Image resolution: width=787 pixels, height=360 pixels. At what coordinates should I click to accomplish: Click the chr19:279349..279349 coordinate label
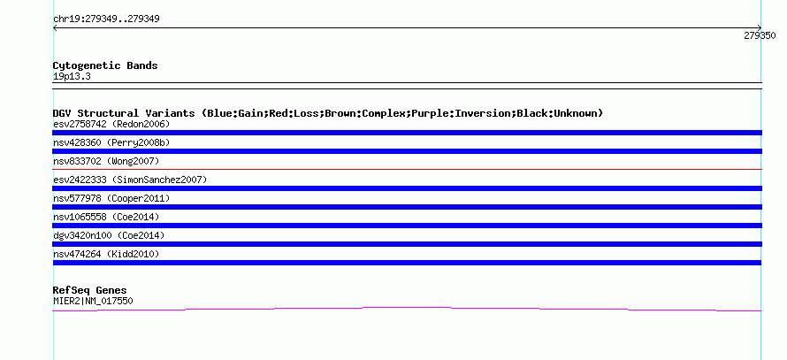[x=106, y=19]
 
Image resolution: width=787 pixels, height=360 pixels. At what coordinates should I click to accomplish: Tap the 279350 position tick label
[x=760, y=35]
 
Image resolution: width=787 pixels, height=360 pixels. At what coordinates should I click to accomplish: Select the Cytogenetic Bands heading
[x=105, y=65]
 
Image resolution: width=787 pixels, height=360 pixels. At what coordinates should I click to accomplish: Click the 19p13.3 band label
[x=72, y=77]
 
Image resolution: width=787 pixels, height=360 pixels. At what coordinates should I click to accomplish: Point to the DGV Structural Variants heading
[x=328, y=113]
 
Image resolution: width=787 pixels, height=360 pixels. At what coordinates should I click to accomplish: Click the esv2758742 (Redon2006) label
[x=111, y=124]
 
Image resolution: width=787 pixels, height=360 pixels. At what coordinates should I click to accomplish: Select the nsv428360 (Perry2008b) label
[x=111, y=142]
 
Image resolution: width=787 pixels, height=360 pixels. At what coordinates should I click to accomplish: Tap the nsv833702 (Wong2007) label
[x=106, y=161]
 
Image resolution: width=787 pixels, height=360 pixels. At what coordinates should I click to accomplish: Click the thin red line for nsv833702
[x=407, y=170]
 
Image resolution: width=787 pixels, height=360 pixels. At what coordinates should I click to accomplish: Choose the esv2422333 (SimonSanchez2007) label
[x=130, y=180]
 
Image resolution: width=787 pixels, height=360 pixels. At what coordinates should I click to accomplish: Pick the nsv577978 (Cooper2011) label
[x=111, y=198]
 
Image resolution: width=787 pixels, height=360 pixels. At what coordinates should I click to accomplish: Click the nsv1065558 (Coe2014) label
[x=106, y=217]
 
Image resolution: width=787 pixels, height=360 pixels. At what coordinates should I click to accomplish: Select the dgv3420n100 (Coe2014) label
[x=109, y=235]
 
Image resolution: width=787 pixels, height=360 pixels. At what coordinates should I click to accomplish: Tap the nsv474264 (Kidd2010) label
[x=106, y=254]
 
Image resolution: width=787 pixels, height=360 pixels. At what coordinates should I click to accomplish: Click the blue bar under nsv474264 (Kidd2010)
[x=407, y=263]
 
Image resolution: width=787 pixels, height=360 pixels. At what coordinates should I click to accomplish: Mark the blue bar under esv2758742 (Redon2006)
[x=407, y=133]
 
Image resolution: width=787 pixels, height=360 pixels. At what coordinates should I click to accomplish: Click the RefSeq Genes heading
[x=90, y=290]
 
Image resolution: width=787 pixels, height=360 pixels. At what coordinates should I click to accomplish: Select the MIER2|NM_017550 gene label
[x=93, y=302]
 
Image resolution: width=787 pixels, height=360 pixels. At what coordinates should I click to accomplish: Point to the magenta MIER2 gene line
[x=407, y=308]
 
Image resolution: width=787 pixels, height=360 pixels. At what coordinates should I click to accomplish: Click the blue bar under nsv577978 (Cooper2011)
[x=407, y=207]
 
